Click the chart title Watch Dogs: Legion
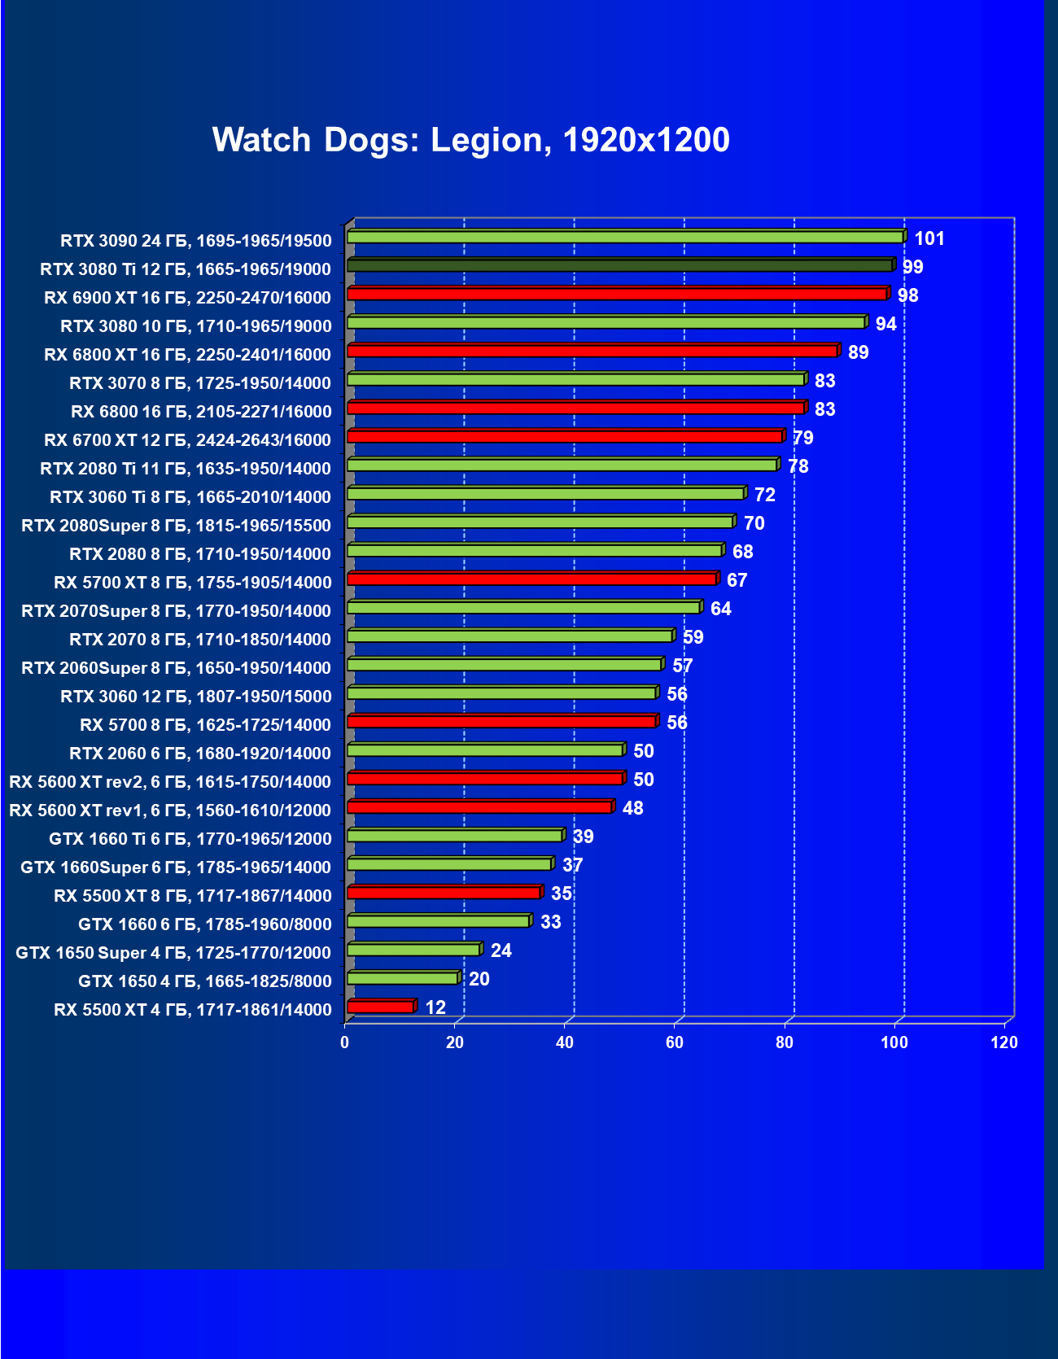470,140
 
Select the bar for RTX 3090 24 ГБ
624,237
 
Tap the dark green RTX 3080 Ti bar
619,265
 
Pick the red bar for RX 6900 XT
616,294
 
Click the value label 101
929,238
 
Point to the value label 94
885,324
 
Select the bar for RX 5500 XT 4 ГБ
380,1007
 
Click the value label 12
435,1007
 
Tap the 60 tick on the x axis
675,1042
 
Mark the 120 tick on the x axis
1004,1042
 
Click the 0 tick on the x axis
345,1042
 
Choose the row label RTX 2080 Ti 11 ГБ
186,469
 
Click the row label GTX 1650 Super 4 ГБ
173,953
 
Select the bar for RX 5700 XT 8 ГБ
531,579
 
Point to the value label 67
737,580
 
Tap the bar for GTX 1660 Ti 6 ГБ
454,835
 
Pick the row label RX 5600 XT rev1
170,811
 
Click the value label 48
632,808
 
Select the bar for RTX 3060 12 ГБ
501,693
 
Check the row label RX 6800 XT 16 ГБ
187,355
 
